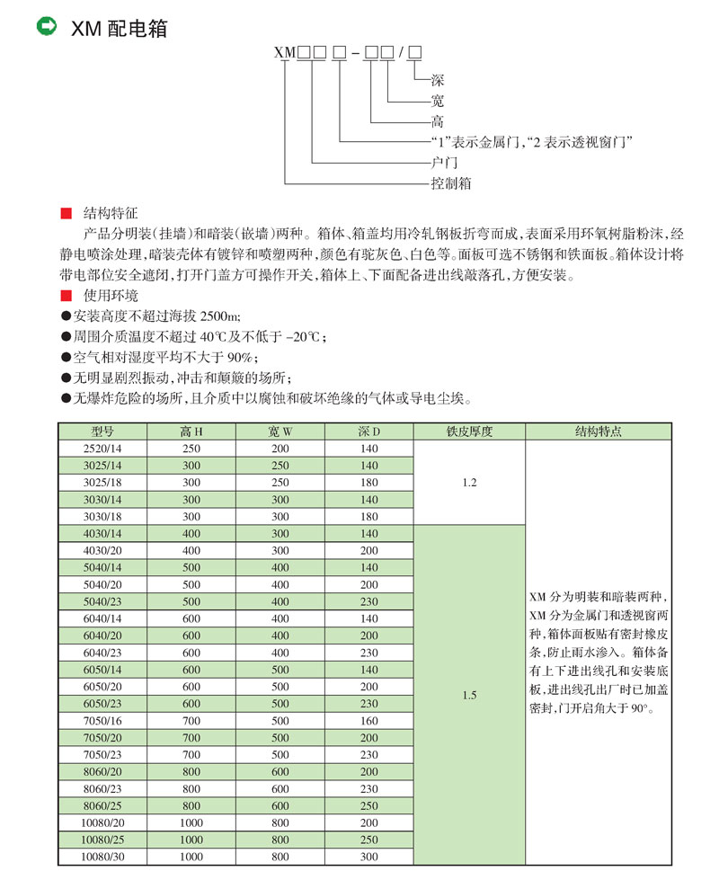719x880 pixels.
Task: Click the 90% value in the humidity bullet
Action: [x=241, y=357]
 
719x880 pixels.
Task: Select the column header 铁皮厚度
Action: [x=469, y=431]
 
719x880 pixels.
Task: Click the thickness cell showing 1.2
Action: [x=469, y=482]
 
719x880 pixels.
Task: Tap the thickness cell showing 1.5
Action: [x=469, y=695]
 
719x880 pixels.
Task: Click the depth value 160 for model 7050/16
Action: [x=369, y=720]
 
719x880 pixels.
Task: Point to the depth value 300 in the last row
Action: [x=369, y=857]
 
